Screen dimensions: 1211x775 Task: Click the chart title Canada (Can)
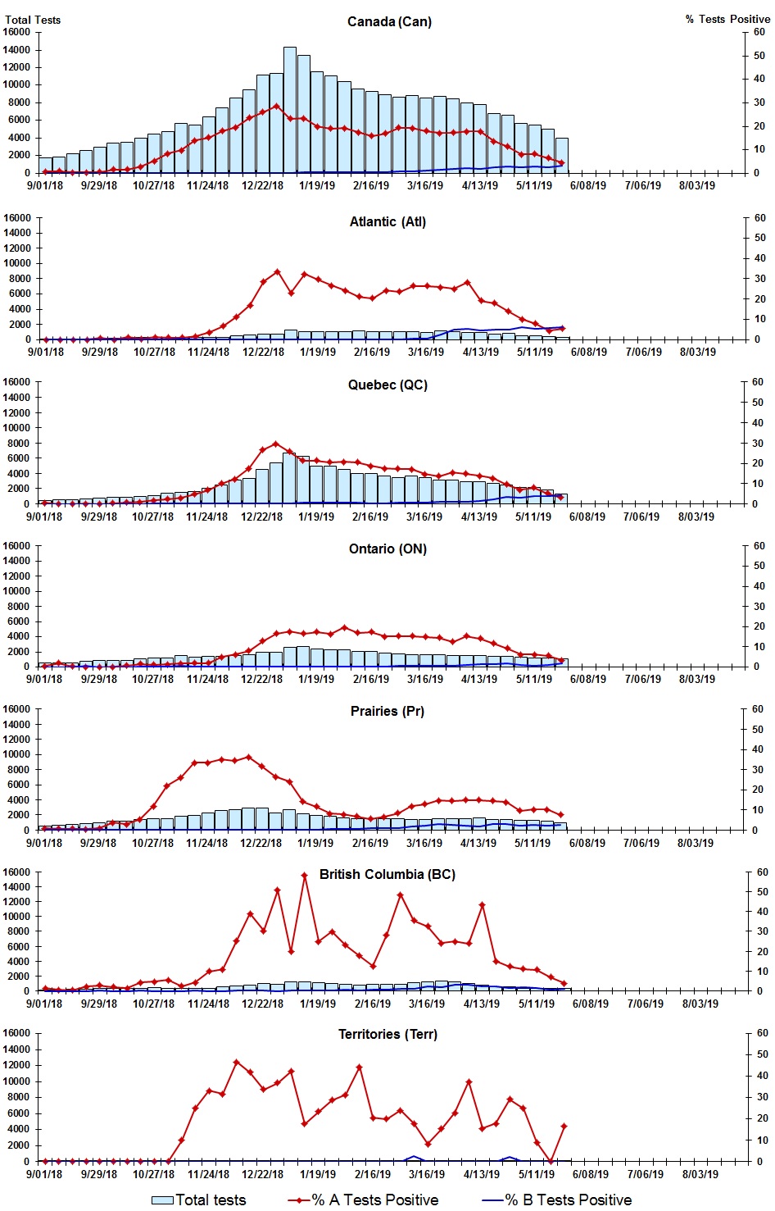(389, 21)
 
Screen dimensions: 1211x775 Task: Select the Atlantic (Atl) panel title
(387, 221)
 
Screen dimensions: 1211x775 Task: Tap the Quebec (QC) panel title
(387, 385)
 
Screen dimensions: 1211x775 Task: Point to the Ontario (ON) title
(387, 549)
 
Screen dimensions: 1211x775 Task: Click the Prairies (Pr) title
(387, 711)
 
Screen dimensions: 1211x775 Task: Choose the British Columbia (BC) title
(387, 874)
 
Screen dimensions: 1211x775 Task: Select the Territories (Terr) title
(387, 1034)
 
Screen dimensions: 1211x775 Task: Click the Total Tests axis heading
(33, 20)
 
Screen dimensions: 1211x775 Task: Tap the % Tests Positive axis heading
(727, 19)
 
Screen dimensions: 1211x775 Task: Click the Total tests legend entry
(211, 1200)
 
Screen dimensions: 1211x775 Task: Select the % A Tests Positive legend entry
(375, 1200)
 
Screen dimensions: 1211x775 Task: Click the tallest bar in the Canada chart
(290, 110)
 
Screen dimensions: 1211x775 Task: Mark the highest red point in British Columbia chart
(304, 875)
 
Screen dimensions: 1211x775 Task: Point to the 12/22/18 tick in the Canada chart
(262, 185)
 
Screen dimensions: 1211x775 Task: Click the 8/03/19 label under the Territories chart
(700, 1173)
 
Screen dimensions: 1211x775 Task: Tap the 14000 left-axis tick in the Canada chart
(17, 49)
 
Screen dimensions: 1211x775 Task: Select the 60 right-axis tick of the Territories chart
(761, 1033)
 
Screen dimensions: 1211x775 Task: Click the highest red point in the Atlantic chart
(277, 271)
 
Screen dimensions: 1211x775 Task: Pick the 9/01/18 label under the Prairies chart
(44, 843)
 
